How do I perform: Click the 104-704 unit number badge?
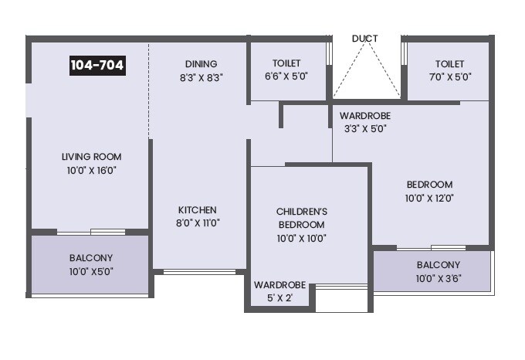pos(97,66)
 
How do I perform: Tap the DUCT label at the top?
pos(365,38)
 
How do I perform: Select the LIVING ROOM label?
pos(92,157)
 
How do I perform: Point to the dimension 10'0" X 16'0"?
pos(92,171)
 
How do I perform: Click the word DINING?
pos(201,64)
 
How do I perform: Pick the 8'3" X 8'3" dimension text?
pos(201,77)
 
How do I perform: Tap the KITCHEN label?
pos(198,209)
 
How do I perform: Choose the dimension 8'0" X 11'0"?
pos(198,223)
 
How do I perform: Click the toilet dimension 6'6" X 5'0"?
pos(286,77)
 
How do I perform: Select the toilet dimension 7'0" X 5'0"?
pos(449,77)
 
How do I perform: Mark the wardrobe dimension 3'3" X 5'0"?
pos(364,129)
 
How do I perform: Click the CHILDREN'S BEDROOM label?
pos(302,218)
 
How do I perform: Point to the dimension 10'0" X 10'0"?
pos(302,238)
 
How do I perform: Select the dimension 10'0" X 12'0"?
pos(429,198)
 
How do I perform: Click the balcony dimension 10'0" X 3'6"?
pos(433,278)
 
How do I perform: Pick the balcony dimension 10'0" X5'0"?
pos(91,271)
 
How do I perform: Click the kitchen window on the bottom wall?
pos(200,271)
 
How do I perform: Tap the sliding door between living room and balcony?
pos(91,231)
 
